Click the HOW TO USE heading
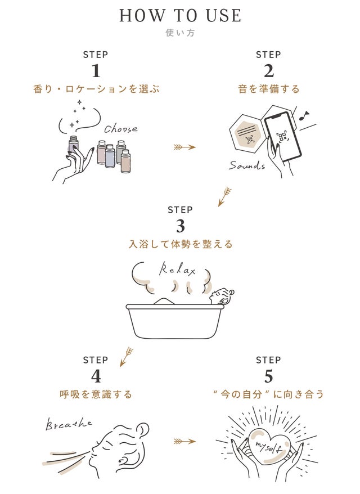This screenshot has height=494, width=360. (x=180, y=15)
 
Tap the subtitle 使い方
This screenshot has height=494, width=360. (x=180, y=33)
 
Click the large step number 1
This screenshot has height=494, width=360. (x=95, y=71)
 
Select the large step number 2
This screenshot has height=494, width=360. (x=268, y=71)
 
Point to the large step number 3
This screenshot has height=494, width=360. (x=180, y=226)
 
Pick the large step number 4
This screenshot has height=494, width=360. (x=95, y=375)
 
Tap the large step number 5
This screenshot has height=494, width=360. (x=268, y=375)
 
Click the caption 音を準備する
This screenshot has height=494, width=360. (x=268, y=89)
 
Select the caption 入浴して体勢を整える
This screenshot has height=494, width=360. (x=180, y=244)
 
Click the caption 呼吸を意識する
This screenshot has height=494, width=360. (x=95, y=394)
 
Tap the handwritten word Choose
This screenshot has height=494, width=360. (x=120, y=129)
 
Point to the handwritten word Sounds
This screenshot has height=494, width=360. (x=247, y=165)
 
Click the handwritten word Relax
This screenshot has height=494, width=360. (x=177, y=270)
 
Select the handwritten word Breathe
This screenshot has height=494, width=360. (x=69, y=424)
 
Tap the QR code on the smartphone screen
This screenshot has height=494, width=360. (x=282, y=137)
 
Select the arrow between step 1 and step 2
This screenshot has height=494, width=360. (x=184, y=147)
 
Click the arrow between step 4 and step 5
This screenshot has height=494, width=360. (x=184, y=441)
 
